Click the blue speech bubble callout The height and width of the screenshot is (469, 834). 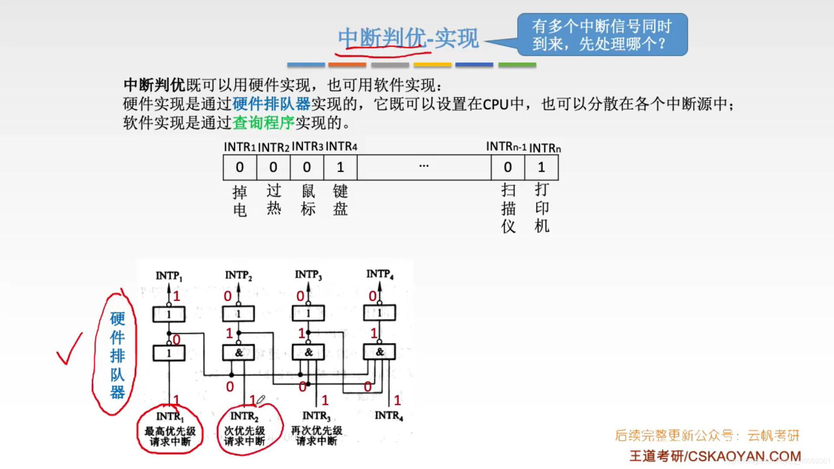602,34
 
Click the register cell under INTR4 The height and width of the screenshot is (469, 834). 340,167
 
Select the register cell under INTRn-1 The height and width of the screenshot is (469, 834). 507,167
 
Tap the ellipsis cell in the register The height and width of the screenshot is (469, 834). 424,167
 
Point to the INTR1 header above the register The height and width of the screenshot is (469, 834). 239,147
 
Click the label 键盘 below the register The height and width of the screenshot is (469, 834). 340,200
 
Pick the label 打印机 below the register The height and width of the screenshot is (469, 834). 542,208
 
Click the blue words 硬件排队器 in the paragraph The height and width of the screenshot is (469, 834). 271,104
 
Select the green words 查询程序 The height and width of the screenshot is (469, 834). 263,123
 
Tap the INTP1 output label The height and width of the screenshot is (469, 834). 169,276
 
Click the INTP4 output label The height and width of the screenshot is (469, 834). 380,274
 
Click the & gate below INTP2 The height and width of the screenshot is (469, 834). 238,353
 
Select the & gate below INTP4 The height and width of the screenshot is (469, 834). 379,352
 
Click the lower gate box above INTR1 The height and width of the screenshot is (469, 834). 169,353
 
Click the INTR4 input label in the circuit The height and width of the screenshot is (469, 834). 389,416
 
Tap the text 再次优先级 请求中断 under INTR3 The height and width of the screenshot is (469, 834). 317,436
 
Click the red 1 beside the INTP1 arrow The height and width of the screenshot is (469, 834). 176,296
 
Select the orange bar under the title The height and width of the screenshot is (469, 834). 347,65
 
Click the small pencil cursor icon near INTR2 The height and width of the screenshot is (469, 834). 260,400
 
